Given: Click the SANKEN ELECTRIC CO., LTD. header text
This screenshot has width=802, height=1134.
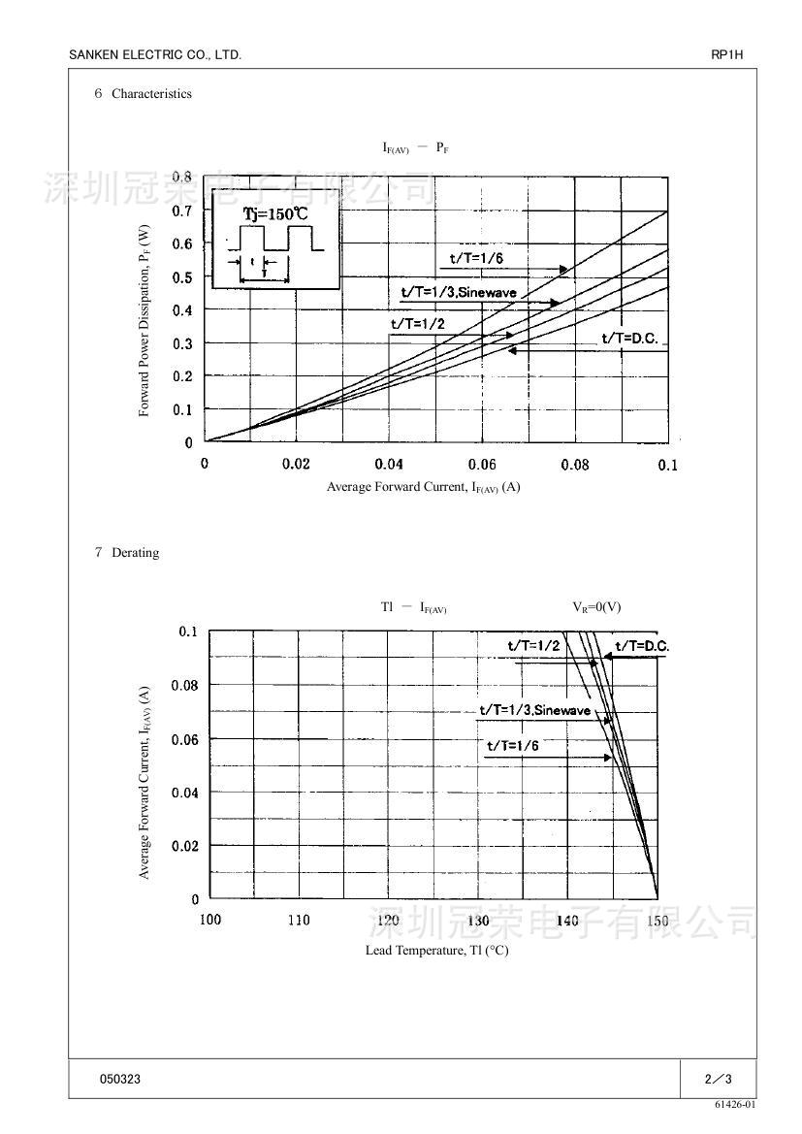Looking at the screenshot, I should (155, 55).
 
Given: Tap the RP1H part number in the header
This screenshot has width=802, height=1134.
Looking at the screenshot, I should (726, 55).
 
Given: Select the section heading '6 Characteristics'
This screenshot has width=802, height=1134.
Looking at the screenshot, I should (144, 94).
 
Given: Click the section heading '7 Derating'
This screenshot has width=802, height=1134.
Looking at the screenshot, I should (127, 553).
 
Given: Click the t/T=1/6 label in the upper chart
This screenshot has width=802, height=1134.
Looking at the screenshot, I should (476, 258).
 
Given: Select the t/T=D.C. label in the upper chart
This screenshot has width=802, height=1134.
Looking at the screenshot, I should (629, 338).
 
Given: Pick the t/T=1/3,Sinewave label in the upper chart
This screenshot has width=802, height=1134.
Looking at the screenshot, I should (459, 292).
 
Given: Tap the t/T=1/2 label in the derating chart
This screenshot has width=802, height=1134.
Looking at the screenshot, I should (533, 645).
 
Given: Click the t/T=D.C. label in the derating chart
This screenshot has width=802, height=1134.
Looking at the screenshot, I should (642, 646).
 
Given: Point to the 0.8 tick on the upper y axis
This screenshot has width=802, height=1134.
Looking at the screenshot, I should (182, 177).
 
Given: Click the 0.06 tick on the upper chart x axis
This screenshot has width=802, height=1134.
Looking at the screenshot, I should (482, 465).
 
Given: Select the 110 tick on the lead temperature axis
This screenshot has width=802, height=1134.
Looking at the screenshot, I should (299, 920).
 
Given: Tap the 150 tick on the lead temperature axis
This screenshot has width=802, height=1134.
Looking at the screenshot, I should (658, 920).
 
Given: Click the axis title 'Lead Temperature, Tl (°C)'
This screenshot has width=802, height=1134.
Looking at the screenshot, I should (436, 950).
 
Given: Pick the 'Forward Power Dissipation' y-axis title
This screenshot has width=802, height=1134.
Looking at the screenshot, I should (144, 321).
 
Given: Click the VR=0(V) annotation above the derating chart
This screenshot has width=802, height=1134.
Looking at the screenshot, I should (596, 607).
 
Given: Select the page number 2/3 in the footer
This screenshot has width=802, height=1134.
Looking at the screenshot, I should (718, 1079).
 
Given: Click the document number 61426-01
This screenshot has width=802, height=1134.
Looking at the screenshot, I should (735, 1104).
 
